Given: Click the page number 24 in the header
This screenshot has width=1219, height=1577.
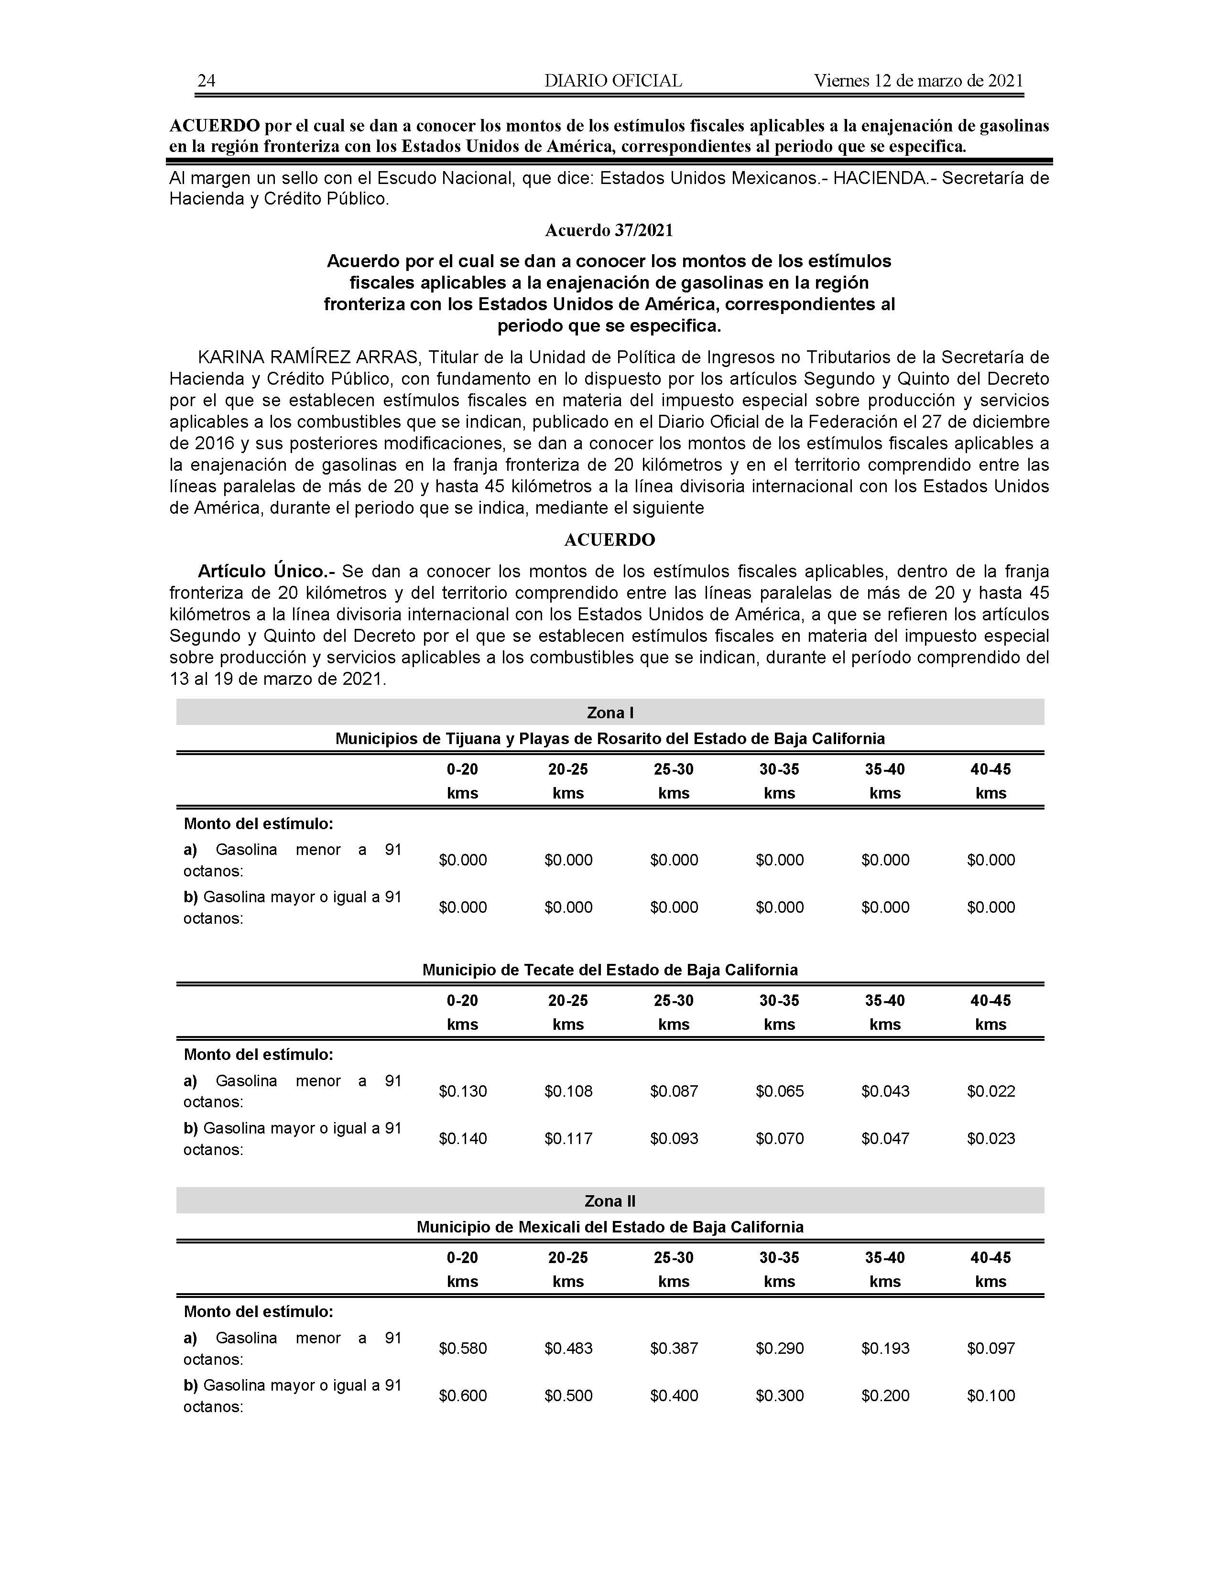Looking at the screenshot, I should (207, 81).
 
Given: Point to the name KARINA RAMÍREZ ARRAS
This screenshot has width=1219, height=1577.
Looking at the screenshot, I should (308, 357).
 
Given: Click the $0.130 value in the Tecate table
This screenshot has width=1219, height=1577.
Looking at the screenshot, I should (463, 1091).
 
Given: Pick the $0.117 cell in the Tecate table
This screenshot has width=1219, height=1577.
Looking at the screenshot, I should (568, 1139).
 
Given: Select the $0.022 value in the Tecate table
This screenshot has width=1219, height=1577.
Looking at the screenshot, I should (991, 1091).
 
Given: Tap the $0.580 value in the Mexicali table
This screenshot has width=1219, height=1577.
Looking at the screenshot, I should (463, 1348).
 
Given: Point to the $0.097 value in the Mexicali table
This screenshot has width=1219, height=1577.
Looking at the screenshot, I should (991, 1348).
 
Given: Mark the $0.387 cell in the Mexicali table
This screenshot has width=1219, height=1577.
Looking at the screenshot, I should (674, 1348).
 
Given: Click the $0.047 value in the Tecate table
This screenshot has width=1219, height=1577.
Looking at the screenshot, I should (885, 1139).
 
